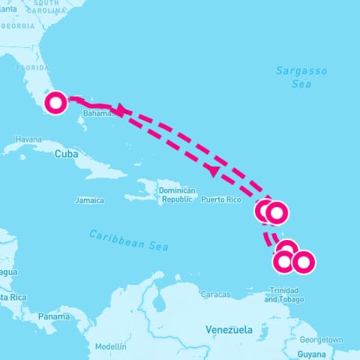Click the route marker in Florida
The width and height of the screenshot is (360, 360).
coord(55,103)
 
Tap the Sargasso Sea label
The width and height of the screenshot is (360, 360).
coord(301,77)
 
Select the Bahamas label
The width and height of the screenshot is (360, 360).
coord(100,113)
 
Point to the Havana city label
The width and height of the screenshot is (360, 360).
coord(28,139)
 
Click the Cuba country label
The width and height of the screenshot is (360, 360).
coord(66,153)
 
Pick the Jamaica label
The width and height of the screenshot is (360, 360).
coord(88,200)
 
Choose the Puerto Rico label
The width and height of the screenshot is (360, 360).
coord(221,200)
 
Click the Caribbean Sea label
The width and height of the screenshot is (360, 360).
coord(129,240)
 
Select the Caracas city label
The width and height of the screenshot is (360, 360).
coord(215,295)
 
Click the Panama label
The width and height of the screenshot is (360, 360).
coord(54,317)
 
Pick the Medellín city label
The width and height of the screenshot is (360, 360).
coord(111,346)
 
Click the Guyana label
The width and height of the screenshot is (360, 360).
coord(311,353)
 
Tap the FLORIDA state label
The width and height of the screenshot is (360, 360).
coord(32,67)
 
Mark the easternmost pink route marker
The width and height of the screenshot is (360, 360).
coord(302,262)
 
